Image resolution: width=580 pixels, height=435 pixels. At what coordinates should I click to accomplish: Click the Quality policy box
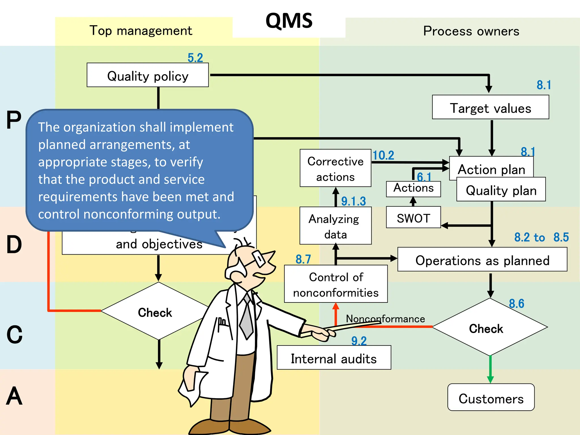[x=148, y=75]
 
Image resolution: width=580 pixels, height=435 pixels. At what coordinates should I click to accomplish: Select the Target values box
[x=490, y=107]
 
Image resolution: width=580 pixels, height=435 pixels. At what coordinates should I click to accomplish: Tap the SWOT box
[x=413, y=217]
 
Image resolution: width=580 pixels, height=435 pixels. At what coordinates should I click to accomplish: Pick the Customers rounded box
[x=491, y=397]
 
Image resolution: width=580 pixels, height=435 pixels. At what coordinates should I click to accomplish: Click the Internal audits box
[x=334, y=358]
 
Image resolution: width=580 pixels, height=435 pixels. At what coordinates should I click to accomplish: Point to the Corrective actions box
[x=335, y=168]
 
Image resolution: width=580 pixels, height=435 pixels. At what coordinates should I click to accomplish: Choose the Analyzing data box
[x=335, y=226]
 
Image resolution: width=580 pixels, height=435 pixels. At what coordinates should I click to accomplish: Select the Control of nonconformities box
[x=336, y=284]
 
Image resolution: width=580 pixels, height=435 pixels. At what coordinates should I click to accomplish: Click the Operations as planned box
[x=482, y=260]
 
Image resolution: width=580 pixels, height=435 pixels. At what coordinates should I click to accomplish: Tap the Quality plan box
[x=501, y=190]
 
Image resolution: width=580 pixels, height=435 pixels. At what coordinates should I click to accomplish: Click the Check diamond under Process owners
[x=489, y=328]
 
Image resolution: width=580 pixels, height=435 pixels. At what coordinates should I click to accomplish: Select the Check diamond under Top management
[x=155, y=312]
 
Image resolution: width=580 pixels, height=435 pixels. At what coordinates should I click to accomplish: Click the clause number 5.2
[x=195, y=58]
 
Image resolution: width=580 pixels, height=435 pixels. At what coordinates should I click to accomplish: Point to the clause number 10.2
[x=383, y=155]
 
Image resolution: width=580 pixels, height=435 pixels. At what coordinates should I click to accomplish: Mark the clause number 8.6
[x=516, y=304]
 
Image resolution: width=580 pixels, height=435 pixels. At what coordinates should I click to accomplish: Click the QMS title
[x=289, y=21]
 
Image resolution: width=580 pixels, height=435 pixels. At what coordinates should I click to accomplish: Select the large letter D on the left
[x=14, y=244]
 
